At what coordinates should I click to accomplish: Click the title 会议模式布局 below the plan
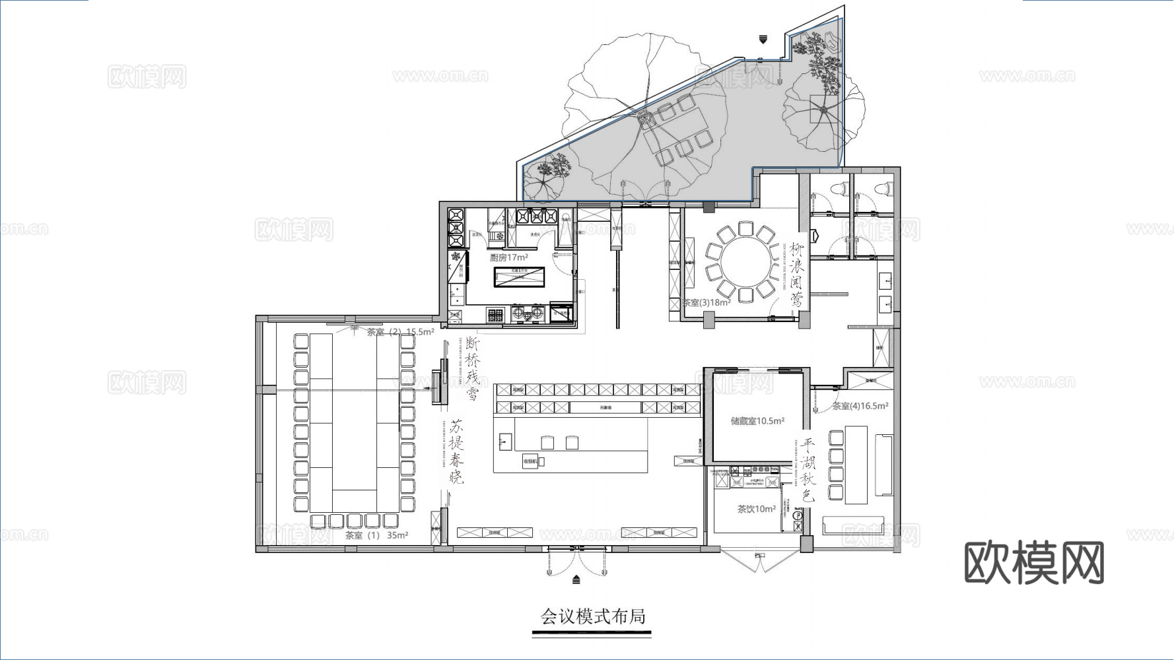point(592,616)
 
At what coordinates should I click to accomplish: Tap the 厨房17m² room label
point(508,257)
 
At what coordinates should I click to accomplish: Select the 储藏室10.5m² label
point(757,420)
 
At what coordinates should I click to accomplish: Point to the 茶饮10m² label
point(757,509)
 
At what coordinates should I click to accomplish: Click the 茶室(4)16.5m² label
point(860,406)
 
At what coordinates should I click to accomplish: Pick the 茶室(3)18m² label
point(707,303)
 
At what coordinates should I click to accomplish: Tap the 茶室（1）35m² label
point(376,535)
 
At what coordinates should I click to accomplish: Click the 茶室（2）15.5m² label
point(400,332)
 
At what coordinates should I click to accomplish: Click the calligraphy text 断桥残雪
point(472,368)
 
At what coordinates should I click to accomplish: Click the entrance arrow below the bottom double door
point(576,580)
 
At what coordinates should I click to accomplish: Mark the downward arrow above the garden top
point(763,40)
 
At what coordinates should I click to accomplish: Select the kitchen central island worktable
point(520,277)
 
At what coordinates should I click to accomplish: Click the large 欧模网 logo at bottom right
point(1033,563)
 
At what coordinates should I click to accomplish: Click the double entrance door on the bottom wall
point(576,561)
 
